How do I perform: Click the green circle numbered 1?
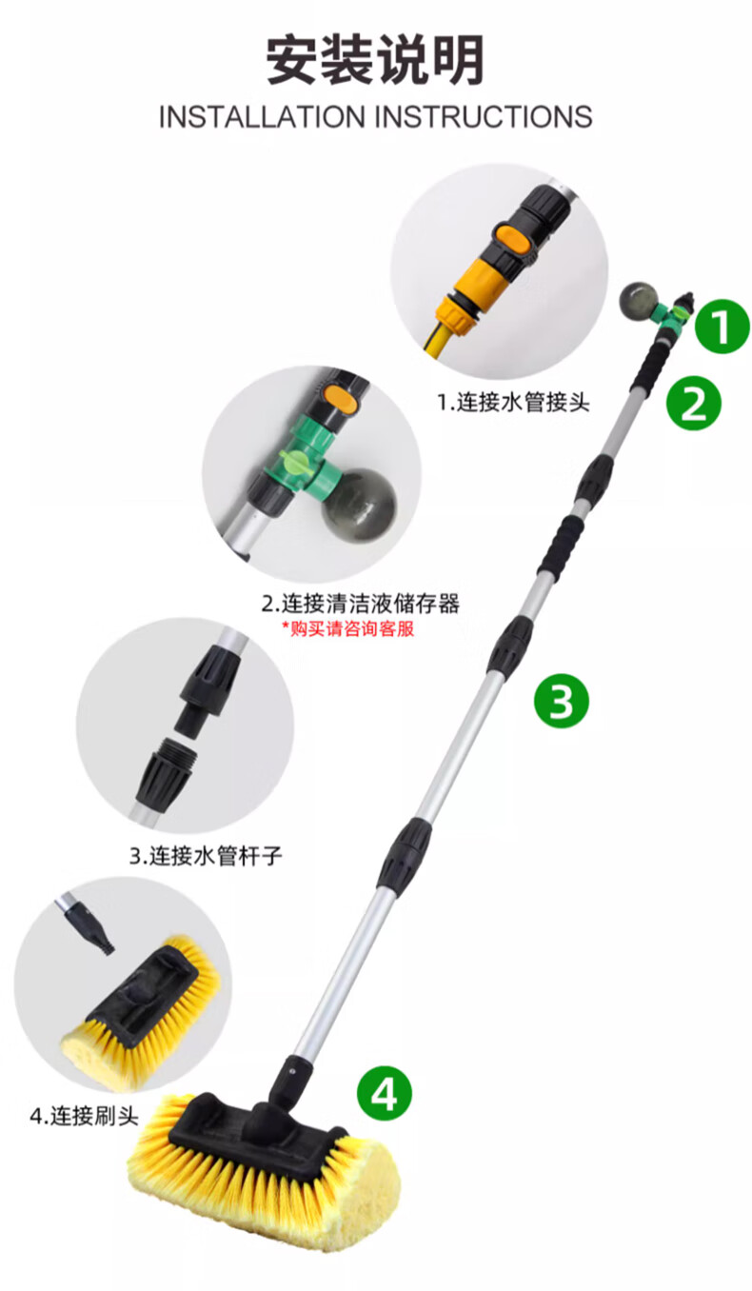tap(722, 327)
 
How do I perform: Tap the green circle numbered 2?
tap(693, 403)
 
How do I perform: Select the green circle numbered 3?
tap(561, 701)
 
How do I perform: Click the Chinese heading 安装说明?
tap(375, 61)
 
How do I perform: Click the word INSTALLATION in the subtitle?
tap(262, 117)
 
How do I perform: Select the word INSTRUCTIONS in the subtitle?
tap(484, 117)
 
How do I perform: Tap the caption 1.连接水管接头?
tap(513, 402)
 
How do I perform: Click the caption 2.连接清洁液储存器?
tap(361, 604)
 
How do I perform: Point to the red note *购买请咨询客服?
tap(348, 628)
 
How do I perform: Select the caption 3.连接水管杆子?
tap(206, 855)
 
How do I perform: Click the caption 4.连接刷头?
tap(84, 1116)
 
